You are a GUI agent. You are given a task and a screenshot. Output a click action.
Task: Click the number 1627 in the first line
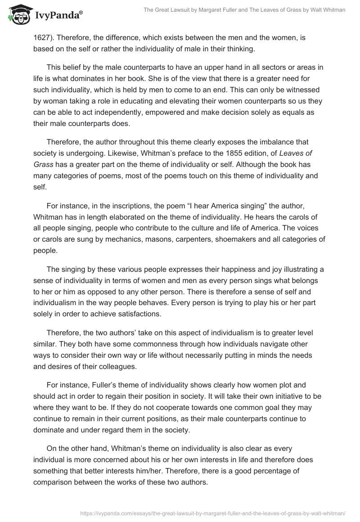click(41, 38)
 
